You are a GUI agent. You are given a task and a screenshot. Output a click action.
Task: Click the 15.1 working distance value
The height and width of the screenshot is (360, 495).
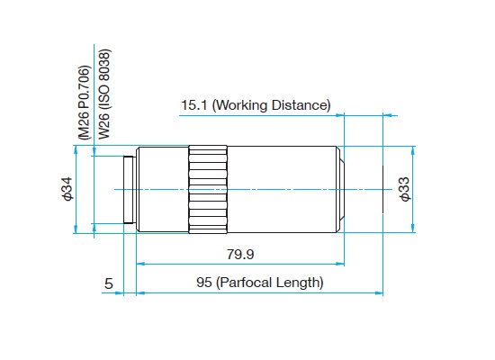(x=193, y=105)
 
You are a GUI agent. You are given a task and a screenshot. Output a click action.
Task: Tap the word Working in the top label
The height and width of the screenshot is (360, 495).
(x=241, y=105)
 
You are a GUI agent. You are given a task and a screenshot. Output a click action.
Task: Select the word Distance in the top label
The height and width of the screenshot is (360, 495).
(x=301, y=105)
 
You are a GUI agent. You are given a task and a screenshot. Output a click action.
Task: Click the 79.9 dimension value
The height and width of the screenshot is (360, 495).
(x=240, y=254)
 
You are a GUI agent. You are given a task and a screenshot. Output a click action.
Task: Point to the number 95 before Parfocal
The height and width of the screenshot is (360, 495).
(x=204, y=283)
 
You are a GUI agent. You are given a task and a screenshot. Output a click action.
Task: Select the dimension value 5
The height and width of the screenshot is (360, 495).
(x=109, y=283)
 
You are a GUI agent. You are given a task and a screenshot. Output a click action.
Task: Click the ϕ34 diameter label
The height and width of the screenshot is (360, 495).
(x=67, y=189)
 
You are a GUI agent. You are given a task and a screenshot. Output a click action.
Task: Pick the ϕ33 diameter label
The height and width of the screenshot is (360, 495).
(x=405, y=189)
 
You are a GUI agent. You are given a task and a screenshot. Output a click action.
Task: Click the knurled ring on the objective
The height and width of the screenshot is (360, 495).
(x=208, y=190)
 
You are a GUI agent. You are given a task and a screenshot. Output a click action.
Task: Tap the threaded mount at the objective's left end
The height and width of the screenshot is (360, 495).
(x=130, y=190)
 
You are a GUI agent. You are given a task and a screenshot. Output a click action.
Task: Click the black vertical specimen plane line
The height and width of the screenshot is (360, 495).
(x=382, y=189)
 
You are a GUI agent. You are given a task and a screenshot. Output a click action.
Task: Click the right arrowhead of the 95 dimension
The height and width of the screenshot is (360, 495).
(x=379, y=293)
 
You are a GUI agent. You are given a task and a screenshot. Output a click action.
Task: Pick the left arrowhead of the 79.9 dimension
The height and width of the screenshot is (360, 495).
(x=140, y=264)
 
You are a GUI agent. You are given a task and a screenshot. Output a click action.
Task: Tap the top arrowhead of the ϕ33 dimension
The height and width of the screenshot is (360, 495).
(x=413, y=150)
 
